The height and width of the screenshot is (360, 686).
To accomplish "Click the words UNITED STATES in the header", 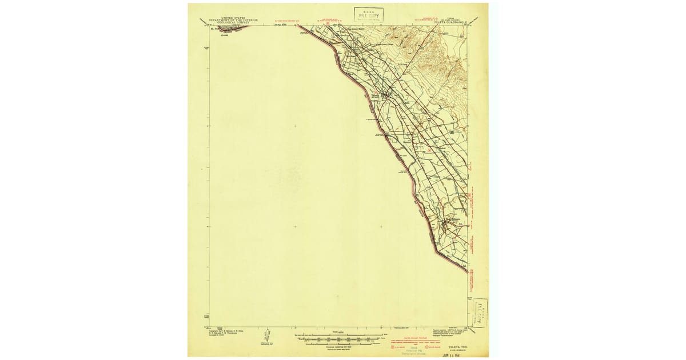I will (233, 18).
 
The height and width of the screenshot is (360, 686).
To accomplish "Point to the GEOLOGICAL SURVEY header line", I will (233, 23).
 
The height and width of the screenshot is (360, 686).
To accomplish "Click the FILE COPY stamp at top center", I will (368, 15).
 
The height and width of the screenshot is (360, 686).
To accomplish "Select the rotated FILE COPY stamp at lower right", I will (478, 312).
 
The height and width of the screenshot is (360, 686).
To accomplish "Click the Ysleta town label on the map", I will (376, 95).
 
